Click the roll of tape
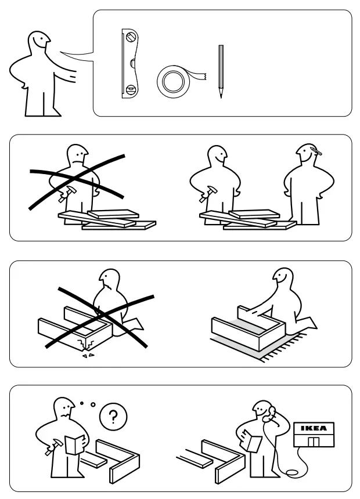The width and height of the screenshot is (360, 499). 173,81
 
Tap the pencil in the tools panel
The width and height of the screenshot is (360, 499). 221,71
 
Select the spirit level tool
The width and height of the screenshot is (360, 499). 129,64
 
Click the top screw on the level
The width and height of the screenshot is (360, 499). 131,37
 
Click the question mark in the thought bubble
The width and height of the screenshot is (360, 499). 113,417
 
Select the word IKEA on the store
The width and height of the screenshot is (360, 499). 314,428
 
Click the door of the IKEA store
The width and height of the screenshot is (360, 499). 314,442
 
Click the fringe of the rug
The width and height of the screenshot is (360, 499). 283,349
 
